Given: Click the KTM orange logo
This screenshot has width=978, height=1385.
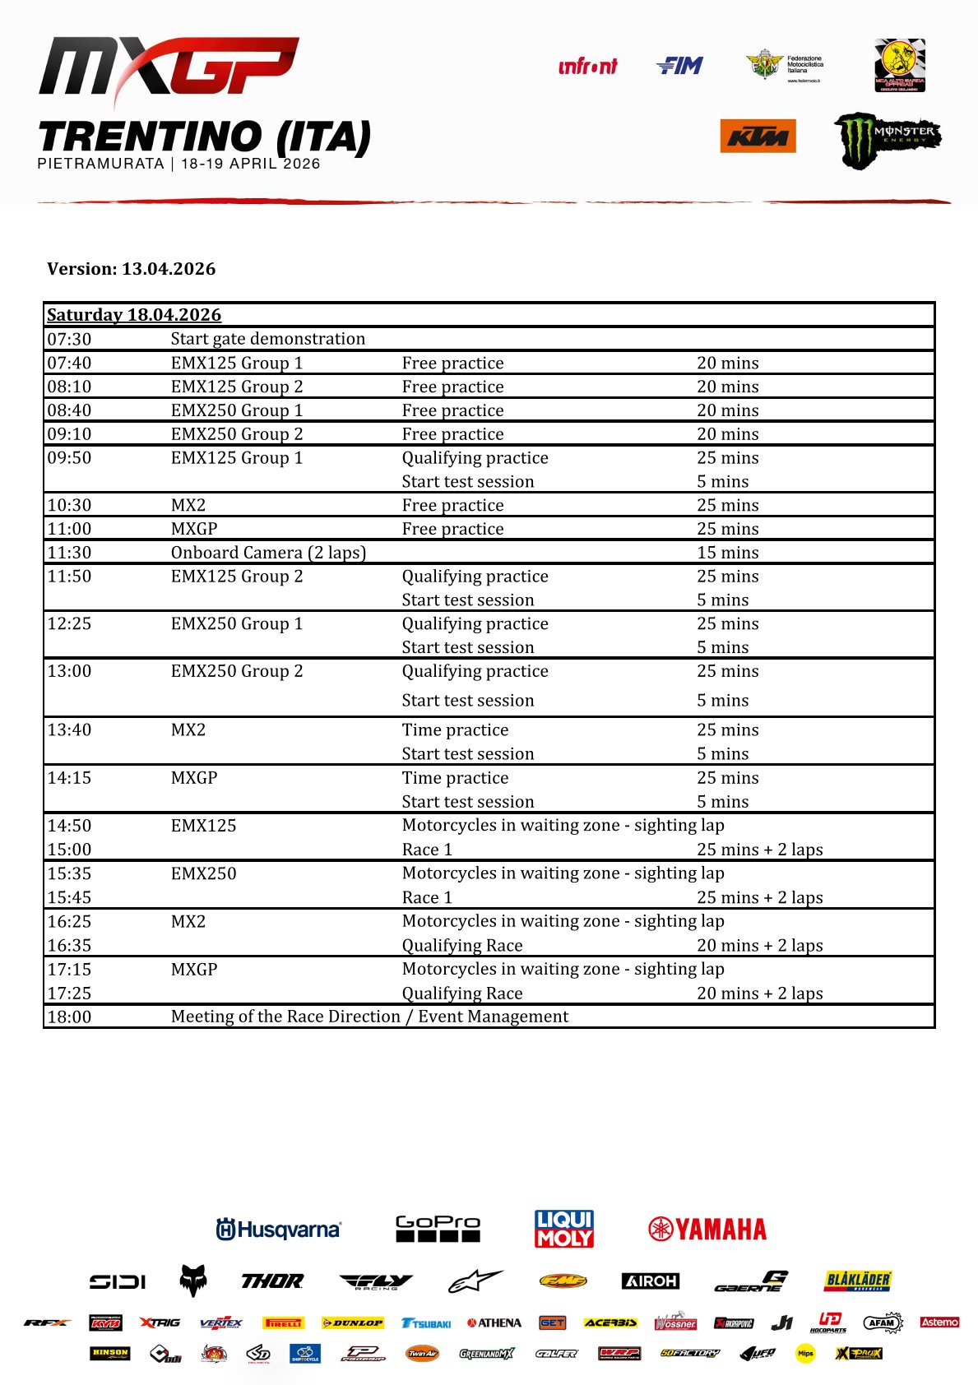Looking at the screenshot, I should pos(758,137).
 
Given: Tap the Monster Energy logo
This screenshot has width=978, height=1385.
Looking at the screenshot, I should pos(887,140).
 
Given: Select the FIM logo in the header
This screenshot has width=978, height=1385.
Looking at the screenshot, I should pos(679,66).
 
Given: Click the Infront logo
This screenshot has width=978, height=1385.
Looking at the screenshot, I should pos(587,67).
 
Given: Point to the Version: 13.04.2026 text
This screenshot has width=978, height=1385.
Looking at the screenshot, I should pos(132,269).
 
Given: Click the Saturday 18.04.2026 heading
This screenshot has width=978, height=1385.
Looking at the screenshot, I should pos(134,315).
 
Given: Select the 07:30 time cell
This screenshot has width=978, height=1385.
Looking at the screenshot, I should pos(69,339).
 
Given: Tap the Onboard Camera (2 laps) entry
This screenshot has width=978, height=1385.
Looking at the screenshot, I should pos(268,553).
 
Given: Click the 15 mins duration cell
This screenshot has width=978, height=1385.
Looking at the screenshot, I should pos(728,553).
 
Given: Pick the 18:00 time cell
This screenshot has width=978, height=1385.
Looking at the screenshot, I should pos(69,1017).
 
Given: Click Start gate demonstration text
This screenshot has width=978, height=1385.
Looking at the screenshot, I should pos(268,339).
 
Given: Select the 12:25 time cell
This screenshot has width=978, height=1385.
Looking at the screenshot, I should pos(69,623).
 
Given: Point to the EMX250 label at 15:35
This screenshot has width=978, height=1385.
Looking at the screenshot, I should pos(203,873).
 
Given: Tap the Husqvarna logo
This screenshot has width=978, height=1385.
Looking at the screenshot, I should pos(278,1230).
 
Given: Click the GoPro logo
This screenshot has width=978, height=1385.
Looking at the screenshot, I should pos(438,1229).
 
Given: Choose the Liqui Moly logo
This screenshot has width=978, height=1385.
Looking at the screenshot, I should pos(564,1229).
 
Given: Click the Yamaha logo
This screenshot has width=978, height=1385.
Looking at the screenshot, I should pos(707,1230).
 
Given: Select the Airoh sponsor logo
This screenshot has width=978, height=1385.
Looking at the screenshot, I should pos(651,1281).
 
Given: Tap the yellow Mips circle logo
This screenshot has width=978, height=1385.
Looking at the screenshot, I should pos(805,1353).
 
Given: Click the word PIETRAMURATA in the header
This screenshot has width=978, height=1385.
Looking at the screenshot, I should pos(100,164).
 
